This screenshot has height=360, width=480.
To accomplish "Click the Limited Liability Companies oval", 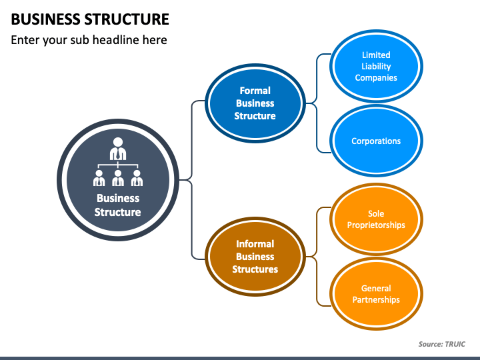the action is click(376, 66).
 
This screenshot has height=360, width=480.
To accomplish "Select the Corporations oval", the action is click(376, 141).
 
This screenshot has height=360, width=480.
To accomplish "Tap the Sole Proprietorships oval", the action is click(376, 219).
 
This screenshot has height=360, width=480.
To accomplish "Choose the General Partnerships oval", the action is click(376, 294).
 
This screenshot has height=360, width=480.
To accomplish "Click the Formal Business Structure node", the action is click(255, 103).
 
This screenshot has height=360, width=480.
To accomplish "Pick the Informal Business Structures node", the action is click(255, 257).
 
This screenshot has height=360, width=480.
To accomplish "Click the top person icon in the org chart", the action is click(118, 149).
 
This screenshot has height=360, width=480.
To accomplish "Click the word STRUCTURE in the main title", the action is click(127, 19).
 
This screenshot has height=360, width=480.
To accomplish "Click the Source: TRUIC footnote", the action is click(442, 344).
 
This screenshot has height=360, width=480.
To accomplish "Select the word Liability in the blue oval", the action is click(376, 67).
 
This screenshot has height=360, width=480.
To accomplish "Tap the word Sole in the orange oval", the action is click(376, 213).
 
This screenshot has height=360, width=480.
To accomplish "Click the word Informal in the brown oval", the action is click(255, 244).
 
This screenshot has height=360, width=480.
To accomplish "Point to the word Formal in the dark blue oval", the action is click(255, 91).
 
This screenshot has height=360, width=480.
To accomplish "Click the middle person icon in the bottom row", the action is click(118, 178).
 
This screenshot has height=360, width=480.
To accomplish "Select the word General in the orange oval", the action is click(376, 288).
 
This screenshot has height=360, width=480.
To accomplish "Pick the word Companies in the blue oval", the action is click(376, 78).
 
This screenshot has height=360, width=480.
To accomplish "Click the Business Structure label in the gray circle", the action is click(118, 205).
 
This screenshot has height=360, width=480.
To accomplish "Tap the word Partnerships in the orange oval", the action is click(376, 300).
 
